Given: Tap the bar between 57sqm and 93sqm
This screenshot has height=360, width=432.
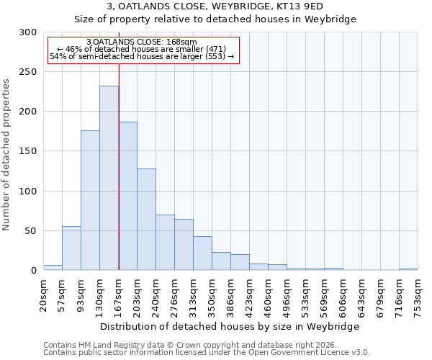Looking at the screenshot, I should click(x=71, y=248).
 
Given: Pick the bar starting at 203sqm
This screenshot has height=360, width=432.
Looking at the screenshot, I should click(x=146, y=220).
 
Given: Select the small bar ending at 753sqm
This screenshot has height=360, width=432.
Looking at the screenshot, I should click(x=408, y=269).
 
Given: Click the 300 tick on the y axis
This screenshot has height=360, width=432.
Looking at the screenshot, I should click(x=28, y=32).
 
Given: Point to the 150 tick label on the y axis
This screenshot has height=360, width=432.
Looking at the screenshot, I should click(x=28, y=151).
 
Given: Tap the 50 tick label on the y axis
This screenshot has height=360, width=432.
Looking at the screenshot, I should click(x=31, y=231).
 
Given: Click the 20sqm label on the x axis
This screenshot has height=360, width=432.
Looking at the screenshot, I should click(x=44, y=292).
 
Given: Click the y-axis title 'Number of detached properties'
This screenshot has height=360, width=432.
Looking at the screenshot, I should click(x=6, y=155).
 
